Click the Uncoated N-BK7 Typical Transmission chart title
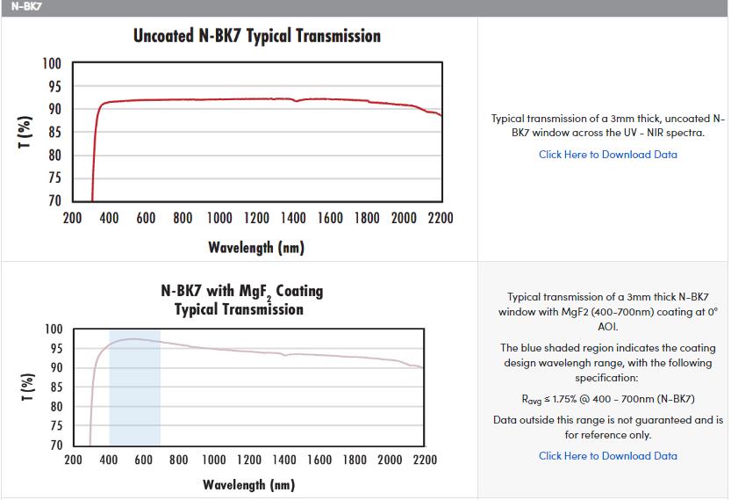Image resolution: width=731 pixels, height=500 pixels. pyautogui.click(x=257, y=36)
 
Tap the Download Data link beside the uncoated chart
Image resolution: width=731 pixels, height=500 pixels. pyautogui.click(x=608, y=155)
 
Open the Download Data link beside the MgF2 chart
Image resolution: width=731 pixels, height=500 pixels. pyautogui.click(x=608, y=456)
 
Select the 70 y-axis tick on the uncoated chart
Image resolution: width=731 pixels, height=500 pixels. pyautogui.click(x=54, y=200)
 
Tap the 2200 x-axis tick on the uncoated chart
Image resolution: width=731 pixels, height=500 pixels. pyautogui.click(x=440, y=218)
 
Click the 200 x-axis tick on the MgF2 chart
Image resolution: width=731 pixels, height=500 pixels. pyautogui.click(x=73, y=460)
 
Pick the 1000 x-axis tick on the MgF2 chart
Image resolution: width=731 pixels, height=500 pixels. pyautogui.click(x=212, y=460)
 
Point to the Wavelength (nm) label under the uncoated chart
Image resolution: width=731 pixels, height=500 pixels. pyautogui.click(x=256, y=247)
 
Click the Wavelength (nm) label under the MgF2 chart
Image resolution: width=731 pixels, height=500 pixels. pyautogui.click(x=248, y=485)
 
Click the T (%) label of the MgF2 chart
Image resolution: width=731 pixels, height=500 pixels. pyautogui.click(x=27, y=387)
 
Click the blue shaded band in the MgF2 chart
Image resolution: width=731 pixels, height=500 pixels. pyautogui.click(x=134, y=395)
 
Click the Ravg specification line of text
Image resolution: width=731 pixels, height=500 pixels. pyautogui.click(x=608, y=398)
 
